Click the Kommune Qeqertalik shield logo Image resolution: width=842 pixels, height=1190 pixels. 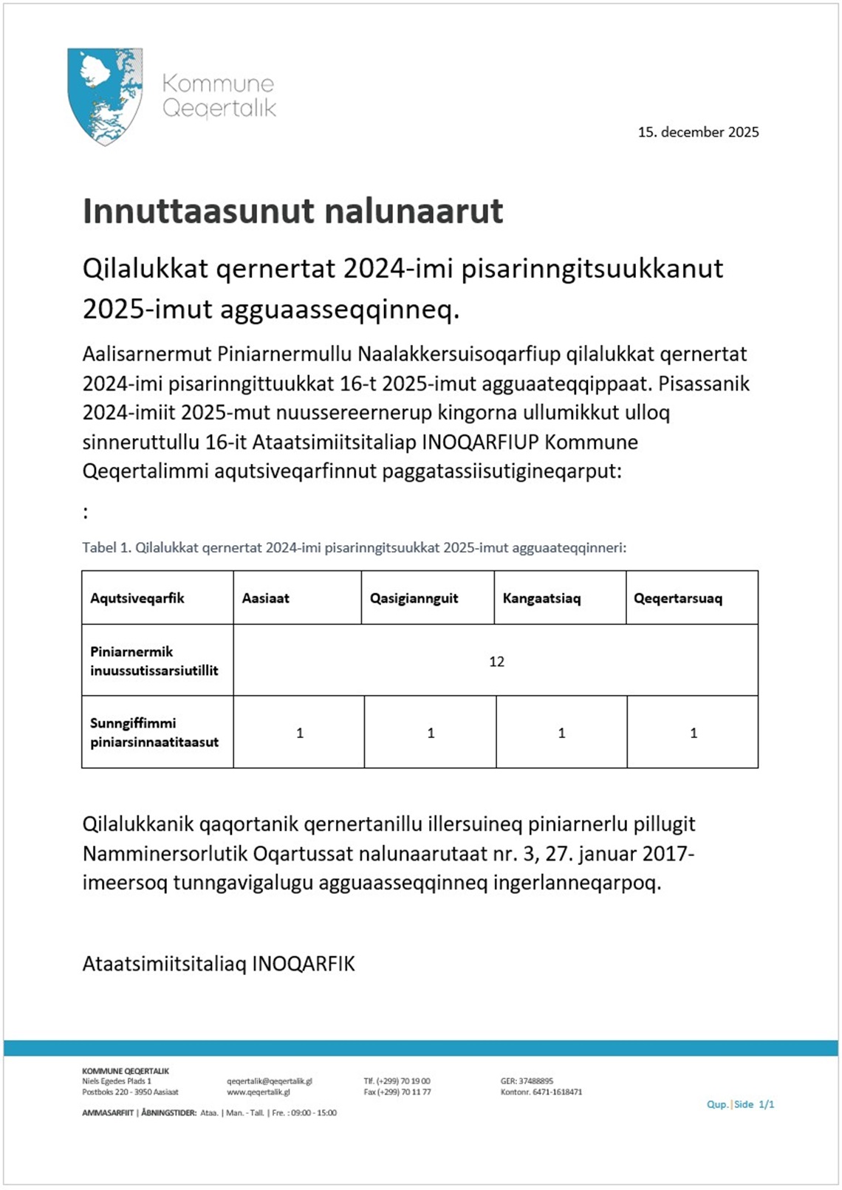104,95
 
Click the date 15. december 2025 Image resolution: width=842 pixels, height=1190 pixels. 698,132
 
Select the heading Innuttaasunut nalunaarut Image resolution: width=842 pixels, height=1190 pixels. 292,211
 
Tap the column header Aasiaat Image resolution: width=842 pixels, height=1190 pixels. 265,598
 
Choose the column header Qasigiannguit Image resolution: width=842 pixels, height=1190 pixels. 414,598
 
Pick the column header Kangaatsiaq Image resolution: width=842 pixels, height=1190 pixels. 541,598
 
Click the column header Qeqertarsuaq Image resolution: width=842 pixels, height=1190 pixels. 677,598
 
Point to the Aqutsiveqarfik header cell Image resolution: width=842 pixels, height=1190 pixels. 137,598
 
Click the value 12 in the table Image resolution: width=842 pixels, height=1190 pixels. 496,662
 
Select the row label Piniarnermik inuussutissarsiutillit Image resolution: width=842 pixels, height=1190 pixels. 154,661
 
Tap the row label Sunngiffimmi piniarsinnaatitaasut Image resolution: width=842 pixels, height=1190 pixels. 154,733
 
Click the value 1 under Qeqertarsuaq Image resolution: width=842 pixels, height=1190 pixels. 693,734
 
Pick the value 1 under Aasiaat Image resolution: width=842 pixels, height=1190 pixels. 300,734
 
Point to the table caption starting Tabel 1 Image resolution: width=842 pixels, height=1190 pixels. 354,548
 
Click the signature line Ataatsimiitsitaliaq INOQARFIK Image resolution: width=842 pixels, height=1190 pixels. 219,964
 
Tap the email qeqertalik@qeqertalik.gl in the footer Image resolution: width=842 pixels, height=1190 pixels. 269,1081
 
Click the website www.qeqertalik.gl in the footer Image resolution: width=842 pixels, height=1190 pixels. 258,1092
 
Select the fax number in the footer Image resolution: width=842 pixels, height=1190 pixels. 397,1092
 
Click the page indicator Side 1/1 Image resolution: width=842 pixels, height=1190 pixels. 754,1104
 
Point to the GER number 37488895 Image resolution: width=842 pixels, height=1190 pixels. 527,1081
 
